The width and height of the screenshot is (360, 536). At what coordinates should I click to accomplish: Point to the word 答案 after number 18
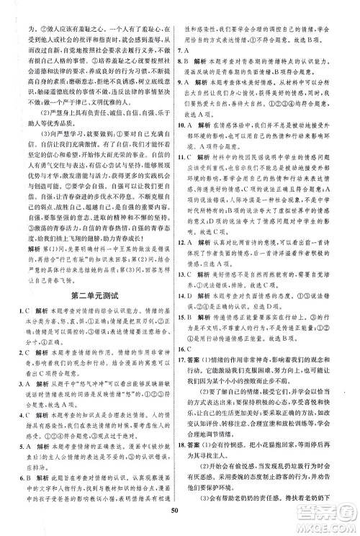pyautogui.click(x=208, y=486)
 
